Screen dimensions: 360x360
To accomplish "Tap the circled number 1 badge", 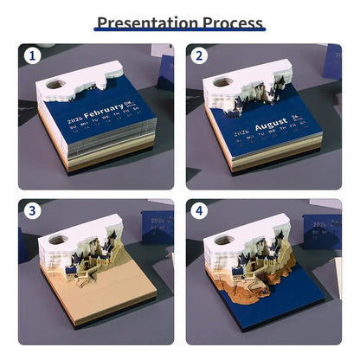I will pyautogui.click(x=31, y=56).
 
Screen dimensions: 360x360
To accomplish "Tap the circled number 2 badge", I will pyautogui.click(x=198, y=56).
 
